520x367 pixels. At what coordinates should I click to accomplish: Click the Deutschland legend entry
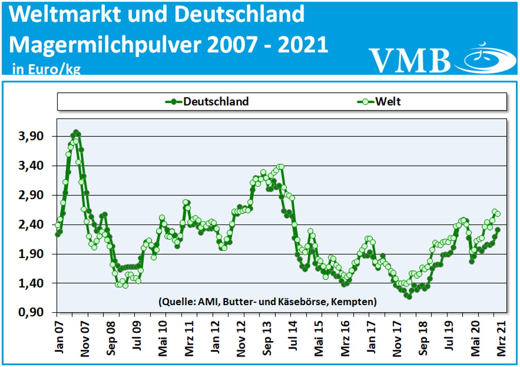tap(208, 101)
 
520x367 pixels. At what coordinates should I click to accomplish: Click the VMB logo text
tap(409, 60)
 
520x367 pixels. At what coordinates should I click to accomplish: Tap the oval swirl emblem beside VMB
tap(484, 58)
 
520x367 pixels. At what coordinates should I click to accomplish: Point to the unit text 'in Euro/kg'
tap(46, 69)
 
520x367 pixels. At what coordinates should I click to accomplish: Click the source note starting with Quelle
tap(267, 302)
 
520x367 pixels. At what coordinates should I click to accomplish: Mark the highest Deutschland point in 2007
tap(76, 132)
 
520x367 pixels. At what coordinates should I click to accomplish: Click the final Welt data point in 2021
tap(498, 214)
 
